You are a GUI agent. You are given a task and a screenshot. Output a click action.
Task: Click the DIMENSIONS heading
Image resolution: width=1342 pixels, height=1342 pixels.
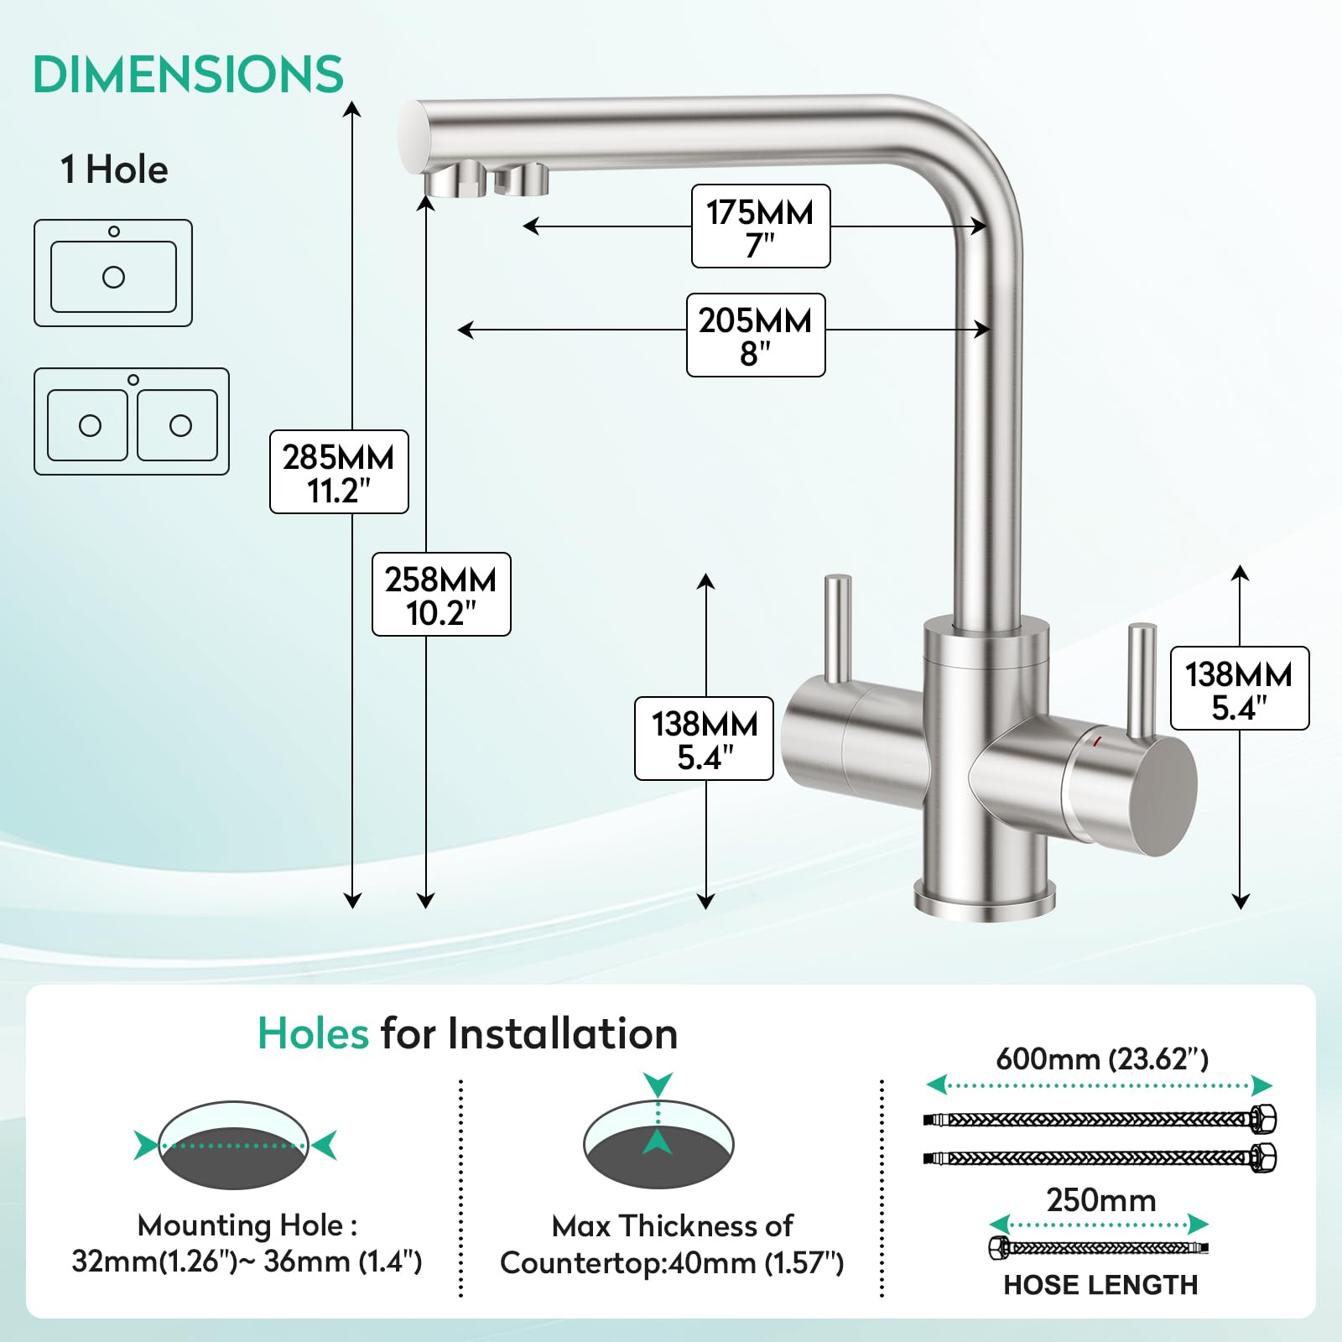(x=188, y=74)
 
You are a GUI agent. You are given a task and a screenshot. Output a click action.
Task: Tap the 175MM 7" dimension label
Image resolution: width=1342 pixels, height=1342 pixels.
(x=761, y=226)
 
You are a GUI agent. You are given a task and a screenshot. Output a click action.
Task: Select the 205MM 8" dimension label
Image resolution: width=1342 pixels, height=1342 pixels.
(x=756, y=335)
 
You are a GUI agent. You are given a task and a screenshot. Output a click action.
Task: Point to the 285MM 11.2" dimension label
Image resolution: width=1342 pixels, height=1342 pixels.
(x=339, y=471)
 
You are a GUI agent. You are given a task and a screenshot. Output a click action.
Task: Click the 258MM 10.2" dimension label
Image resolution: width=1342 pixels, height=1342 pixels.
(x=441, y=594)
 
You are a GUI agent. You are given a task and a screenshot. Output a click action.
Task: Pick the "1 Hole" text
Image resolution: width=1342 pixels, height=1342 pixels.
(x=114, y=169)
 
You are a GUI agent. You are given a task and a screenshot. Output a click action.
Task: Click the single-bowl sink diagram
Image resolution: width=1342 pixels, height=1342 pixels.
(x=113, y=273)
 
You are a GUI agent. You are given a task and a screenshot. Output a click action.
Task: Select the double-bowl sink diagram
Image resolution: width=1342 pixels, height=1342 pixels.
(x=132, y=421)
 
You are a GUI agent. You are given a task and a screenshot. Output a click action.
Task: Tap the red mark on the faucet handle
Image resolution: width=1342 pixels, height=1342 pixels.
(x=1096, y=741)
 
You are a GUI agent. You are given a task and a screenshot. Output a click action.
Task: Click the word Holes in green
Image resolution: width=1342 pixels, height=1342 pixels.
(x=313, y=1033)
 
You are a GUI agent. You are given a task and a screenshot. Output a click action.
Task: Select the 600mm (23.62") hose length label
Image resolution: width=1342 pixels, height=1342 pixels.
(x=1102, y=1059)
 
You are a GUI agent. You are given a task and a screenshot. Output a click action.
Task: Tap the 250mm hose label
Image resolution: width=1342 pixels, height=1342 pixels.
(x=1101, y=1200)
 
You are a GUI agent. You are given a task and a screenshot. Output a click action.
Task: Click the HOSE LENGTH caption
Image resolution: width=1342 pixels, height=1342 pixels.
(x=1100, y=1285)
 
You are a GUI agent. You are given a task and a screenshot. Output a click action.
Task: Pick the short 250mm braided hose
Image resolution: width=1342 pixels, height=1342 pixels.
(x=1099, y=1248)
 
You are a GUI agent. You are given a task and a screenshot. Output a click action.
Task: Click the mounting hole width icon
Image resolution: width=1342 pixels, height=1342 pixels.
(x=235, y=1145)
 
